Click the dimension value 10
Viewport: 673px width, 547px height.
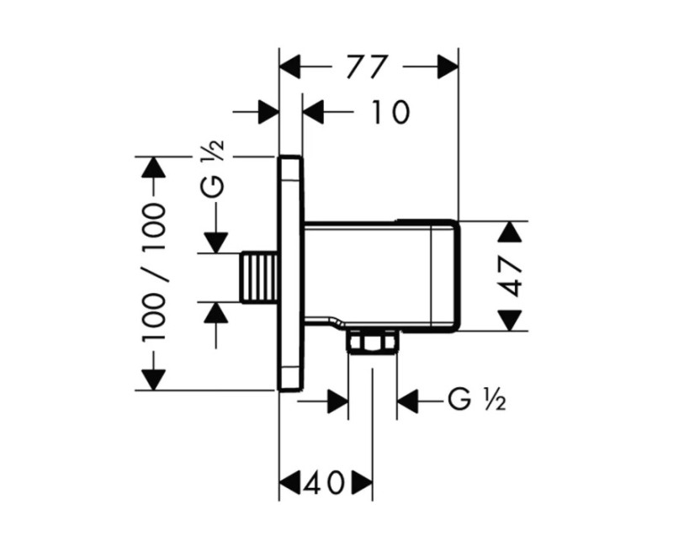[389, 112]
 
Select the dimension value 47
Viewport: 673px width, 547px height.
[512, 276]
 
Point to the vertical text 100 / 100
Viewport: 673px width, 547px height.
[154, 273]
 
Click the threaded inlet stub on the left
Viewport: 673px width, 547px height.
[259, 278]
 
